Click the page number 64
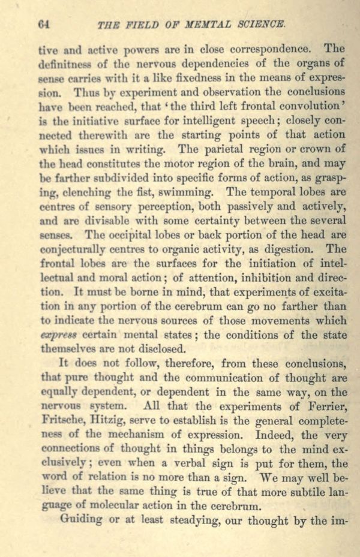click(43, 25)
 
